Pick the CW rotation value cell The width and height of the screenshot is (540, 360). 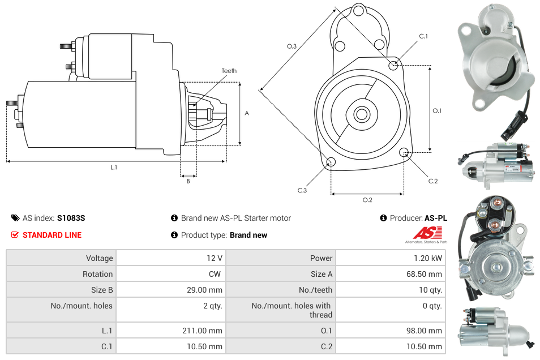tap(216, 274)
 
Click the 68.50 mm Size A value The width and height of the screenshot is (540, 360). tap(424, 274)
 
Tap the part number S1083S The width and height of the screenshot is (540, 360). tap(71, 218)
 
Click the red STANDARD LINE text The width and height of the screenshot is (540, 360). tap(52, 235)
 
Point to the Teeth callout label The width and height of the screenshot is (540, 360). tap(229, 71)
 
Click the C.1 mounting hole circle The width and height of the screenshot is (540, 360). tap(393, 66)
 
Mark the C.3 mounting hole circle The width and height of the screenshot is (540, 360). tap(332, 163)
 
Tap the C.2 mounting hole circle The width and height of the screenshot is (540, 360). tap(404, 152)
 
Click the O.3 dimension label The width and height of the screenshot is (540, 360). tap(292, 46)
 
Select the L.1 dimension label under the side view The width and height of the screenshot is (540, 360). tap(114, 167)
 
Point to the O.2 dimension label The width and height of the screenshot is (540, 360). tap(367, 199)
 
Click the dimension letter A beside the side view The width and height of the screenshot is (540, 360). tap(247, 113)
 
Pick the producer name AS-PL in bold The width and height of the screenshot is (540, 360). tap(435, 218)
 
